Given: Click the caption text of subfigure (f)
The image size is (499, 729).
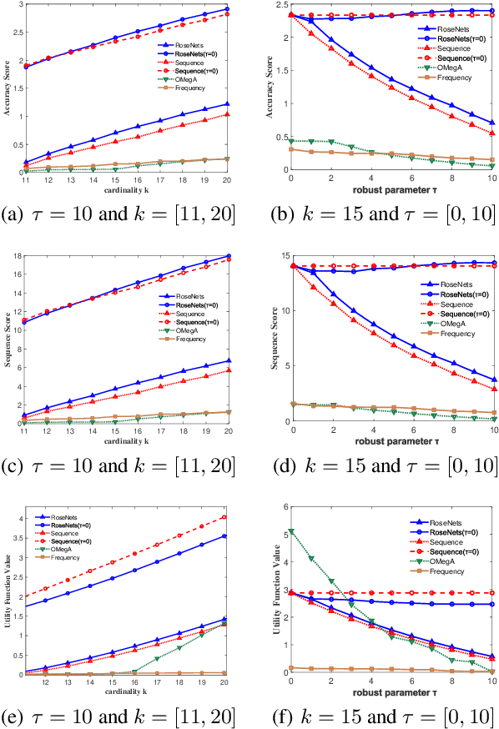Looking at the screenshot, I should pos(386,714).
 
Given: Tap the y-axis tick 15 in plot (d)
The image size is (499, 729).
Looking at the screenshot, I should pos(281,256).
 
